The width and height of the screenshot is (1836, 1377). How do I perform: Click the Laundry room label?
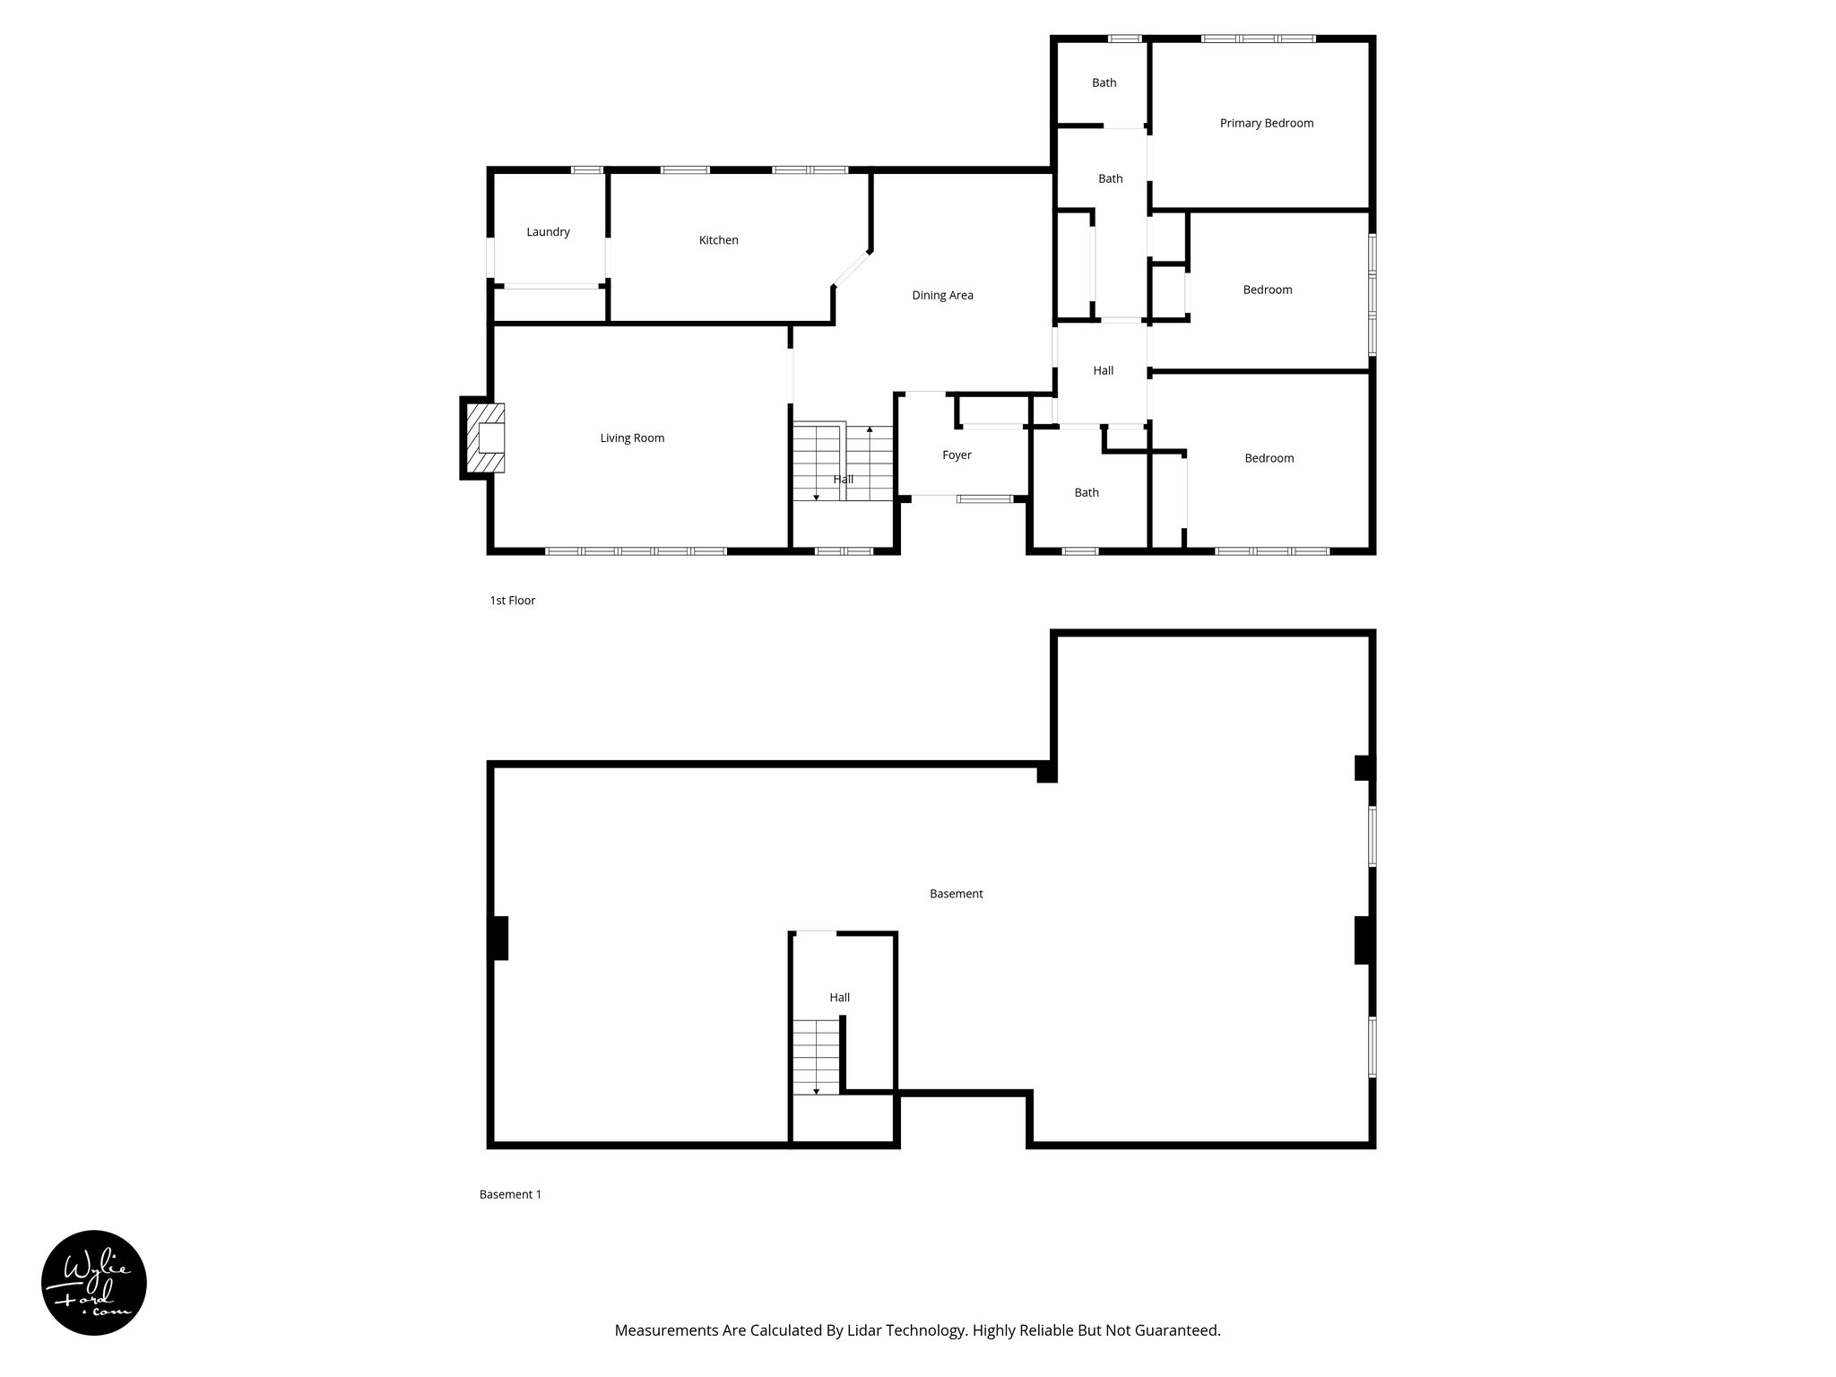click(548, 232)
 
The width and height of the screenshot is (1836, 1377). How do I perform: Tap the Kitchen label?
click(718, 240)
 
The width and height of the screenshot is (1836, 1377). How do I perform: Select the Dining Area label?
click(942, 296)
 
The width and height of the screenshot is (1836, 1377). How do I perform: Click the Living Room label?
click(632, 438)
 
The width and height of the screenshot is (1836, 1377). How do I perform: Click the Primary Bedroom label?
click(1266, 124)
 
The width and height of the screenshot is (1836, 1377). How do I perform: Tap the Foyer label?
click(957, 455)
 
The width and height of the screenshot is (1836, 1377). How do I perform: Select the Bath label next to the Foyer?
click(1087, 493)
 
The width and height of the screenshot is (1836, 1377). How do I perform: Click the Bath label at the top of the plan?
click(1104, 83)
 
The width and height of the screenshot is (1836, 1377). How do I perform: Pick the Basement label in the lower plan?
click(956, 894)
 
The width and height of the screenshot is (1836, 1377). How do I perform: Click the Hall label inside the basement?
click(839, 998)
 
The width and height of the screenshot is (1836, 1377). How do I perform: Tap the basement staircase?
click(816, 1057)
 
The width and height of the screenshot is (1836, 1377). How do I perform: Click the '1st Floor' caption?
click(512, 601)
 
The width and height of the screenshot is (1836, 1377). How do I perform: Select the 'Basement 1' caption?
click(510, 1194)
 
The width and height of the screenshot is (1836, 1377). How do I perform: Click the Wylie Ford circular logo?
click(94, 1283)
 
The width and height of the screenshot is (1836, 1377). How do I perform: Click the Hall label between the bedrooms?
click(1103, 371)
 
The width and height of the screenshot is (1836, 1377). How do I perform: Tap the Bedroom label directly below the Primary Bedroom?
click(1267, 290)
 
